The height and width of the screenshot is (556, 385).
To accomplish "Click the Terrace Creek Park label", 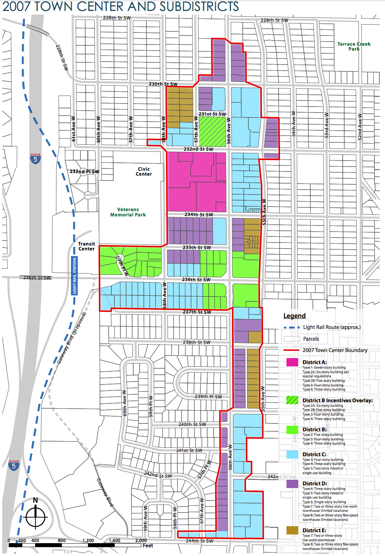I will [354, 46].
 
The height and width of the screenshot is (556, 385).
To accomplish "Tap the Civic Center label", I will [144, 171].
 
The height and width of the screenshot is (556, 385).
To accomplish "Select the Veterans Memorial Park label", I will [128, 212].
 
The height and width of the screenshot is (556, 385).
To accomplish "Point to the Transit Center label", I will [86, 246].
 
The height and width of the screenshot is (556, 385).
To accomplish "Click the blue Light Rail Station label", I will [74, 276].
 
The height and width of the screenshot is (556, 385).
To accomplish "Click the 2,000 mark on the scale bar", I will [141, 541].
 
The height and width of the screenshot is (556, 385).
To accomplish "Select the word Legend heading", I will [294, 316].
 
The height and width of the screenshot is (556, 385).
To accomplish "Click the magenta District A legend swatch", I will [292, 362].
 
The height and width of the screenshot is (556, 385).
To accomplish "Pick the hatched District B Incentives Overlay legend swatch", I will [292, 400].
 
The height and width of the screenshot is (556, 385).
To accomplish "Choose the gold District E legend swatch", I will [292, 530].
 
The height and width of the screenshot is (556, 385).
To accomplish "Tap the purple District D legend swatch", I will [292, 483].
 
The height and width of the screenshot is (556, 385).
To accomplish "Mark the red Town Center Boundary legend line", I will [291, 351].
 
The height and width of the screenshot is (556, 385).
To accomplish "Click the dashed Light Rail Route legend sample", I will [291, 327].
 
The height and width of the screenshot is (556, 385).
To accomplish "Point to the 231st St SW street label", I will [212, 114].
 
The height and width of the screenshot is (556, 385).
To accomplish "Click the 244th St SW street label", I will [199, 541].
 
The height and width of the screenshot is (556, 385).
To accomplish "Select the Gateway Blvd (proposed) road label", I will [72, 338].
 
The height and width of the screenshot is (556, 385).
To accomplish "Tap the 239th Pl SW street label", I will [208, 397].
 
